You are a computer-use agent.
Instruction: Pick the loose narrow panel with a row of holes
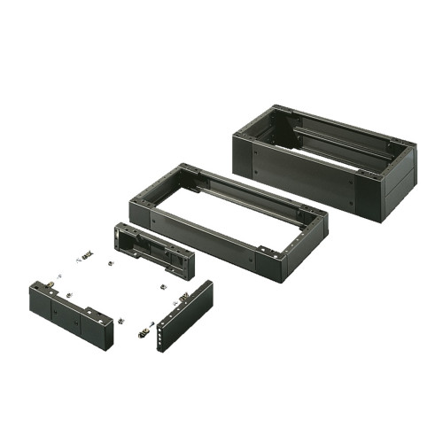coord(185,315)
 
